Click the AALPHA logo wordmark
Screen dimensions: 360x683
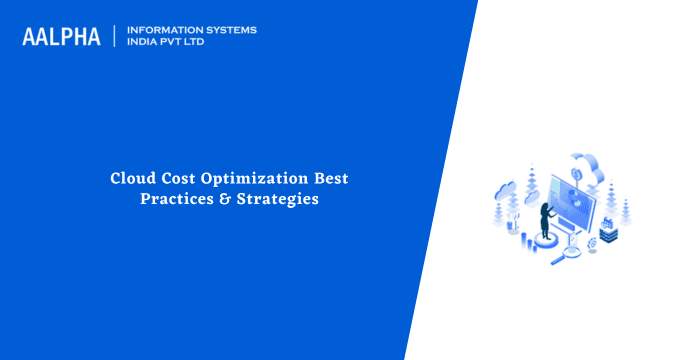point(61,37)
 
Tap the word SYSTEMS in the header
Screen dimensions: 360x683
point(227,30)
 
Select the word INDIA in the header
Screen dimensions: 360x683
point(144,43)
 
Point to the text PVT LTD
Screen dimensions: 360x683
point(189,43)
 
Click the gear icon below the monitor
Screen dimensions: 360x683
point(591,244)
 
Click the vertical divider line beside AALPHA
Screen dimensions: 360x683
point(116,37)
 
